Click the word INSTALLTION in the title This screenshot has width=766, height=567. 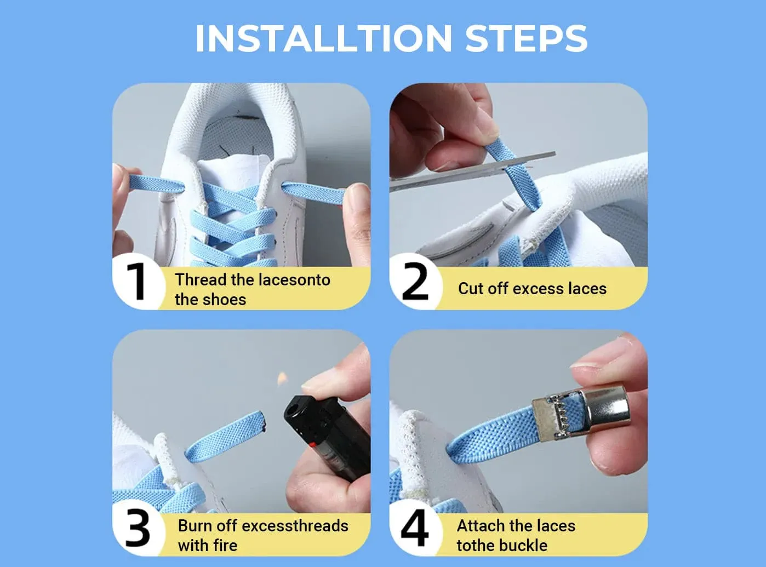point(324,38)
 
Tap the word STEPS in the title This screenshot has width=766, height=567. point(526,38)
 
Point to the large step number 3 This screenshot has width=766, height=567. point(138,528)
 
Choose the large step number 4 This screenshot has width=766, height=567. point(415,528)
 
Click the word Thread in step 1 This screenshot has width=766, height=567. point(201,280)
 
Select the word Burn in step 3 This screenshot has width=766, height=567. point(195,526)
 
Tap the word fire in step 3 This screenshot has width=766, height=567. point(225,546)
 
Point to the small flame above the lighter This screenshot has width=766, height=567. point(282,378)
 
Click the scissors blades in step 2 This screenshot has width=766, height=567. point(472,171)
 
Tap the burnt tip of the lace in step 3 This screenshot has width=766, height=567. point(264,421)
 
